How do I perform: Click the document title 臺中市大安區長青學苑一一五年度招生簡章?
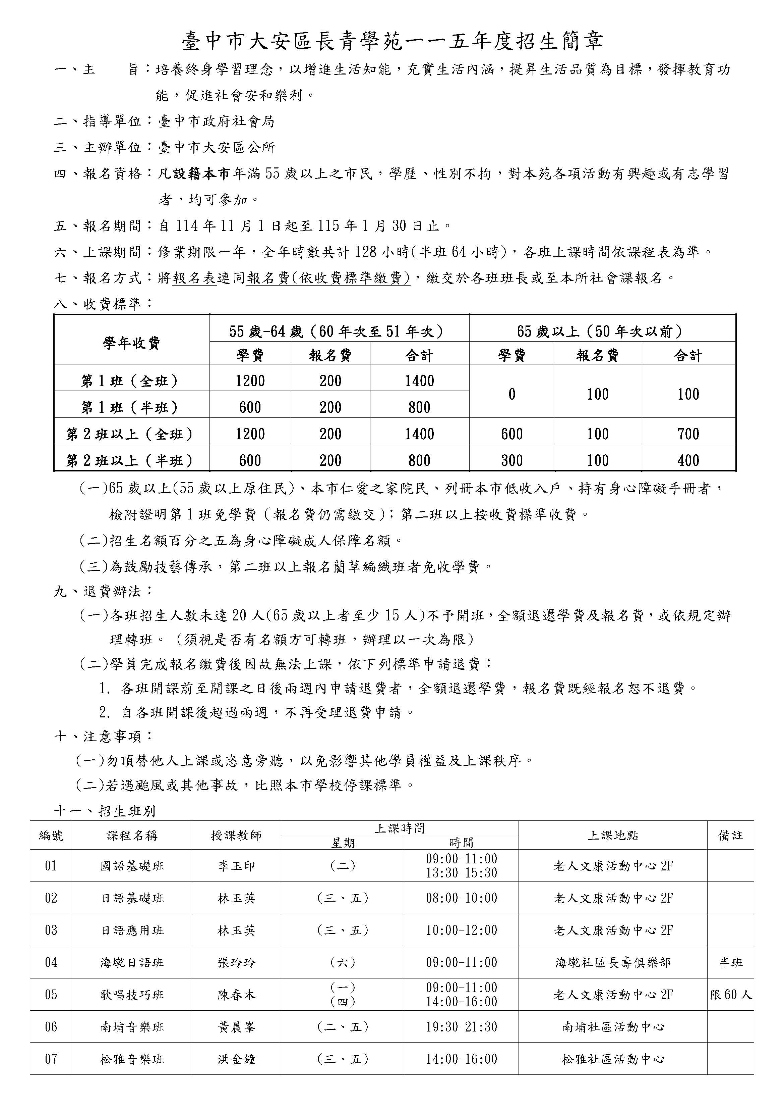pyautogui.click(x=392, y=42)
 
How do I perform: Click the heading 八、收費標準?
pyautogui.click(x=103, y=304)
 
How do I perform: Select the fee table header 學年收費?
pyautogui.click(x=131, y=343)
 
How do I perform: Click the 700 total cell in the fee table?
pyautogui.click(x=688, y=434)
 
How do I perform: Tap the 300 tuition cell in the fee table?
pyautogui.click(x=511, y=460)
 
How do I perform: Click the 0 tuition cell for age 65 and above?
pyautogui.click(x=511, y=394)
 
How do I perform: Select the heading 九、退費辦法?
pyautogui.click(x=103, y=591)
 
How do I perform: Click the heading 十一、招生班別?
pyautogui.click(x=105, y=811)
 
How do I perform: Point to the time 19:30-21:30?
pyautogui.click(x=461, y=1027)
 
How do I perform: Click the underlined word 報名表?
pyautogui.click(x=194, y=278)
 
